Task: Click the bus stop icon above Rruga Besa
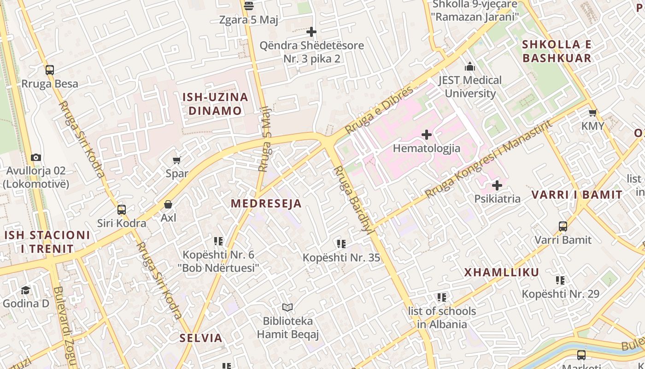click(50, 70)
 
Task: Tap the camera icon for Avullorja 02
click(36, 157)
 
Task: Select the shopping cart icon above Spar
click(176, 160)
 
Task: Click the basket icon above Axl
click(169, 204)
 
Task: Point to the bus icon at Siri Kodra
click(122, 210)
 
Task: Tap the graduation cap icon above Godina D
click(25, 290)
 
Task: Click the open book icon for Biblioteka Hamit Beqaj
click(287, 307)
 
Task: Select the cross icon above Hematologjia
click(427, 135)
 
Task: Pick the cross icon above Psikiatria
click(497, 185)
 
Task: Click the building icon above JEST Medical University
click(470, 67)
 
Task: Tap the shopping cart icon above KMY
click(593, 113)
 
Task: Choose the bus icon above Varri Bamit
click(563, 226)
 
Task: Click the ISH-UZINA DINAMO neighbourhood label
click(215, 104)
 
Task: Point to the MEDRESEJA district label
click(266, 203)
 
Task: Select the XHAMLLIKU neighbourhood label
click(502, 272)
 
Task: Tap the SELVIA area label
click(201, 338)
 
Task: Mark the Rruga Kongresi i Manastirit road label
click(488, 159)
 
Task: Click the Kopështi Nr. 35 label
click(341, 257)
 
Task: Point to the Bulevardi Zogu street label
click(64, 325)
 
